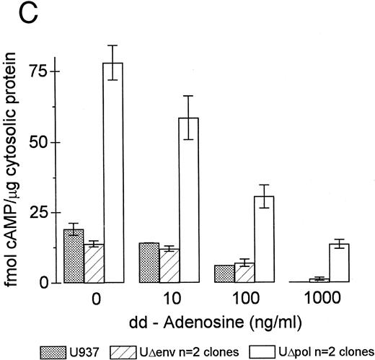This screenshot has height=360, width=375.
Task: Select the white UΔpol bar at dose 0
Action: [x=113, y=173]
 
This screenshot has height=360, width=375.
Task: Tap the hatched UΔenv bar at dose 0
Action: [x=93, y=263]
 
